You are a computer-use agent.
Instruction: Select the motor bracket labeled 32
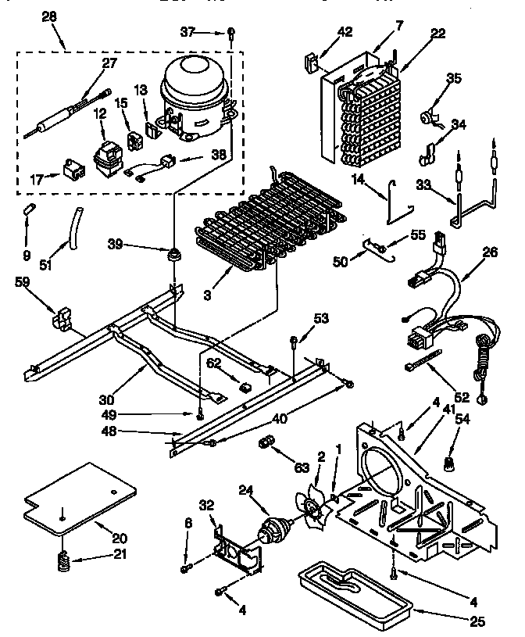click(234, 547)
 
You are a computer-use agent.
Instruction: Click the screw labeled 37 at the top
click(232, 32)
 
